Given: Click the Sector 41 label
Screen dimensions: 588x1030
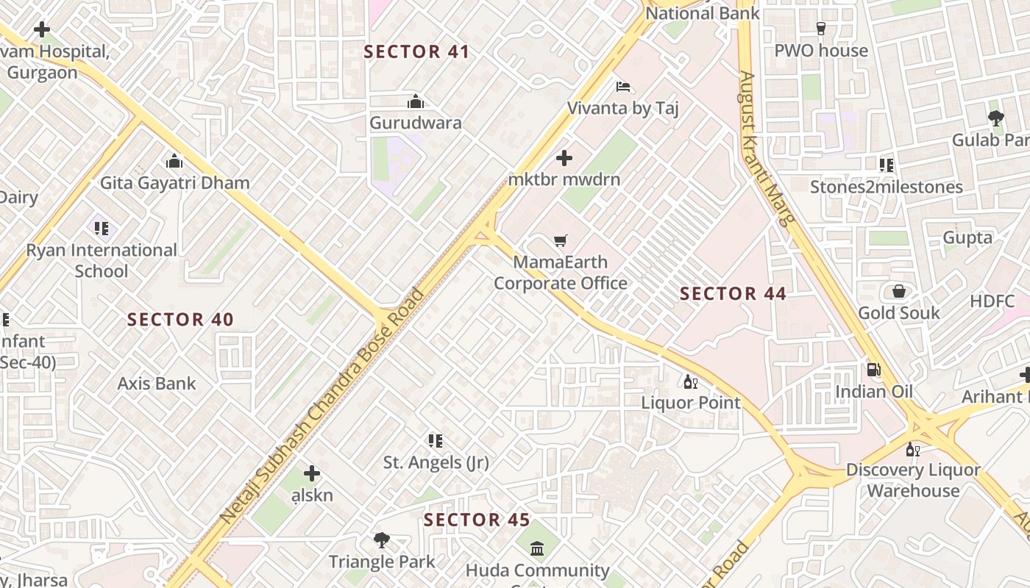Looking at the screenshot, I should pos(416,51).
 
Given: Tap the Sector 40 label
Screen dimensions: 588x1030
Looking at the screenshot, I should pos(180,320).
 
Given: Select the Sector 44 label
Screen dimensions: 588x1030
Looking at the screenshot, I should pos(733,294).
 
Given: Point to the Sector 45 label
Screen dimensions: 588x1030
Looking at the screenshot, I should pos(477,520).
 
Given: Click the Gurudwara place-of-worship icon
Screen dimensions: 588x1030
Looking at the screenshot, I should pos(416,101).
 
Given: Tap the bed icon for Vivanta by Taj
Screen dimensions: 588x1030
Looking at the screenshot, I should pos(623,87).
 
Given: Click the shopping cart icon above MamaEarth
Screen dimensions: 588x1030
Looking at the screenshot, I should pos(561,240).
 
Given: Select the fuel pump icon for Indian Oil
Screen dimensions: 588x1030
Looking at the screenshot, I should pos(874,370).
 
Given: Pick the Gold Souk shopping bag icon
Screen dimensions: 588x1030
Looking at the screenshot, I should pos(898,292).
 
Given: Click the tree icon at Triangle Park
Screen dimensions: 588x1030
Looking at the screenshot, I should pos(381,541).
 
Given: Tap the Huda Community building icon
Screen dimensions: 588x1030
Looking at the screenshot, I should pos(537,548).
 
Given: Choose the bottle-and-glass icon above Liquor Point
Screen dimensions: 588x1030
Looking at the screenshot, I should pos(690,381).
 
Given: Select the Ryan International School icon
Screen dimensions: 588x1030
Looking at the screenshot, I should pos(102,229).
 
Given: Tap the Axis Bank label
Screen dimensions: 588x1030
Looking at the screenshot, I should pos(157,383).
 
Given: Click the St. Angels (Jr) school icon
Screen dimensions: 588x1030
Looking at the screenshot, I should pos(436,441).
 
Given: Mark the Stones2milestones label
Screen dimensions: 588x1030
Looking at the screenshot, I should pos(886,187).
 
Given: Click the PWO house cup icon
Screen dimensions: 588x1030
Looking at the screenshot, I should pos(821,29).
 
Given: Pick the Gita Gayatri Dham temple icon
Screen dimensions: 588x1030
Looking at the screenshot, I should pos(174,160).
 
